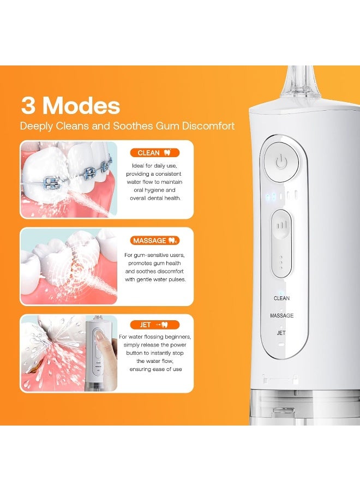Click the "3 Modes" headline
pyautogui.click(x=71, y=105)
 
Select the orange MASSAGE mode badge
pyautogui.click(x=155, y=240)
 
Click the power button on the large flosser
pyautogui.click(x=281, y=162)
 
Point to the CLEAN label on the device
pyautogui.click(x=281, y=298)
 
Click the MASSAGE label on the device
pyautogui.click(x=281, y=315)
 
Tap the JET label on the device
pyautogui.click(x=281, y=332)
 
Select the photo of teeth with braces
pyautogui.click(x=69, y=179)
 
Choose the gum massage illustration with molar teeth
pyautogui.click(x=69, y=267)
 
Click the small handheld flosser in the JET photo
pyautogui.click(x=97, y=354)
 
